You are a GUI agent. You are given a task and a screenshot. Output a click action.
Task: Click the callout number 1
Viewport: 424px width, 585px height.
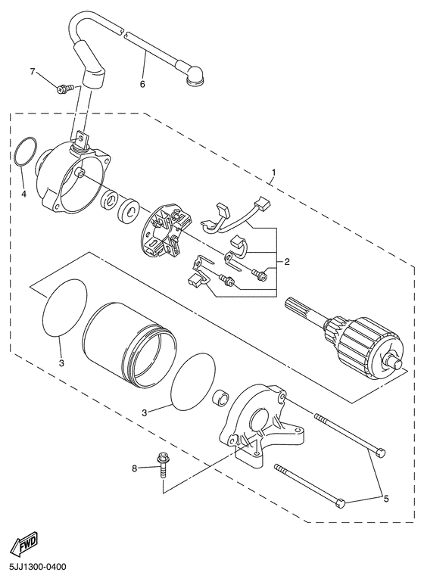coord(273,173)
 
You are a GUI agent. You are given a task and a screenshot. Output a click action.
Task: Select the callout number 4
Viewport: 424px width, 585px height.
coord(23,194)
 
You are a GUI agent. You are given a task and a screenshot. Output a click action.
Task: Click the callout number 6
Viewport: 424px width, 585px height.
coord(142,83)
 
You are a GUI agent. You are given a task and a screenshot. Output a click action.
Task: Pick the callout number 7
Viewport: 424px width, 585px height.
coord(33,71)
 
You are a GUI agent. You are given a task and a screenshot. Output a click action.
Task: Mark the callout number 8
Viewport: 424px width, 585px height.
coord(135,468)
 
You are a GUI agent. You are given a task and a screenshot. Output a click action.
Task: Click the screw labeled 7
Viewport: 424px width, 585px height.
coord(65,89)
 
